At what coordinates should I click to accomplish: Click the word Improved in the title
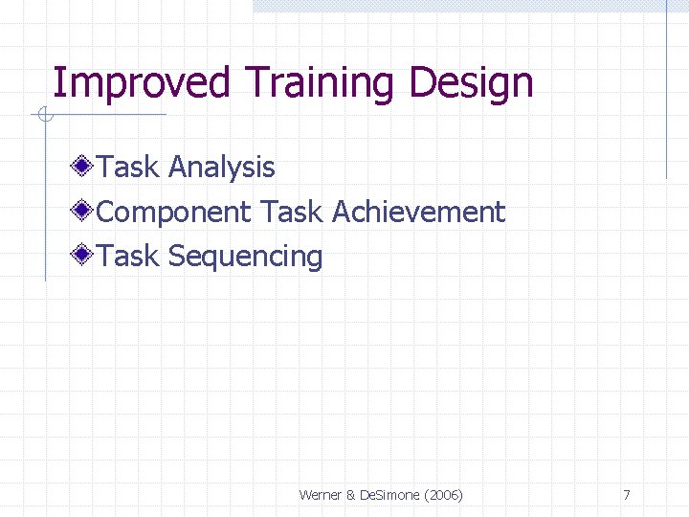click(141, 83)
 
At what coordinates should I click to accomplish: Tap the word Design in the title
click(471, 83)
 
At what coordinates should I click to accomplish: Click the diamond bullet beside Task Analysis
click(84, 168)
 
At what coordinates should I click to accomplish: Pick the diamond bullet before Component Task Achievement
click(84, 212)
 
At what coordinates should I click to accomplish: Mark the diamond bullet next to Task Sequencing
click(84, 256)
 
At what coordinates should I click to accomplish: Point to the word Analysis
click(221, 168)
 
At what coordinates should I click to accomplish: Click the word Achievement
click(418, 212)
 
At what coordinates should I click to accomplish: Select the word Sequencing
click(245, 257)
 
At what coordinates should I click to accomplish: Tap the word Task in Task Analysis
click(129, 168)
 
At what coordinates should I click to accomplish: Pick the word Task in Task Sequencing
click(129, 256)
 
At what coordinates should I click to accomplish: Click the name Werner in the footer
click(322, 495)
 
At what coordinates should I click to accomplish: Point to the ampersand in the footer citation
click(351, 495)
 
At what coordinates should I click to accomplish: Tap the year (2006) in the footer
click(444, 495)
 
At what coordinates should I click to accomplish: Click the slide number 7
click(626, 495)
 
